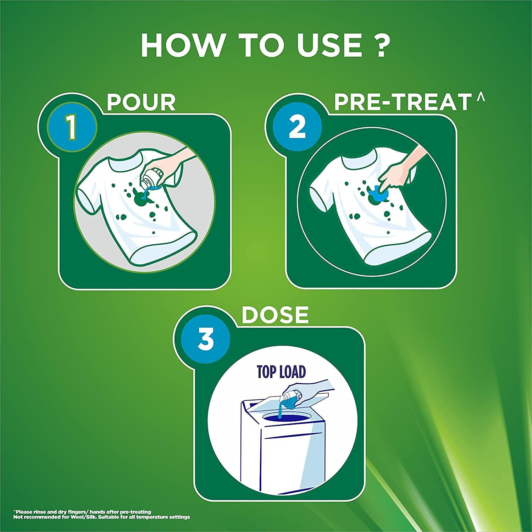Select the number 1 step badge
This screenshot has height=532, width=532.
[x=72, y=129]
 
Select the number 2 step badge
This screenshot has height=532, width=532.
[x=297, y=128]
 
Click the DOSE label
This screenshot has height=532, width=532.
[x=275, y=315]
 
